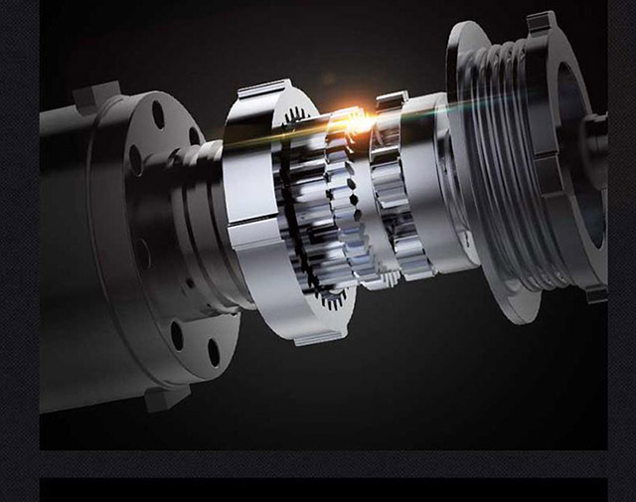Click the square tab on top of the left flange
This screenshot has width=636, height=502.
[x=96, y=95]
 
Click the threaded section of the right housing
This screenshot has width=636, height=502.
[x=517, y=149]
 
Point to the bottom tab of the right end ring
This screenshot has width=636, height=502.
[x=594, y=292]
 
